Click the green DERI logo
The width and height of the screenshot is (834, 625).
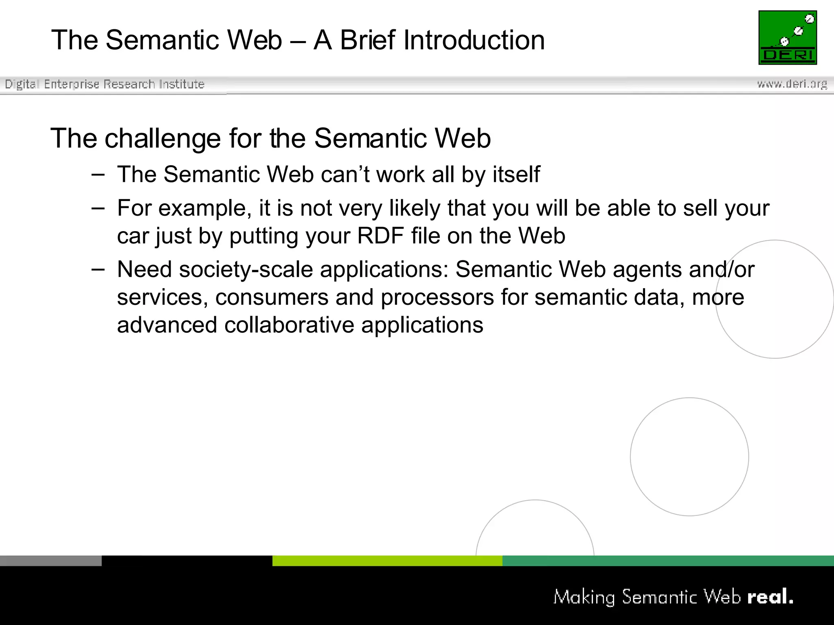point(787,37)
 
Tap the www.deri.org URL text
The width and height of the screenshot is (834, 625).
point(792,84)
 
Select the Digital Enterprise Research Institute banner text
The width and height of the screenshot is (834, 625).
point(104,84)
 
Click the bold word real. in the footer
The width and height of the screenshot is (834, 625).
point(770,597)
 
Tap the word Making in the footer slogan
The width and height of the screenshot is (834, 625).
point(584,597)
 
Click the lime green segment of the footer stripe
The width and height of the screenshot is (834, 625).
point(387,561)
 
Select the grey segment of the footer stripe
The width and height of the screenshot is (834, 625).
point(50,561)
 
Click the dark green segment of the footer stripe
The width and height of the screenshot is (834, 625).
point(668,561)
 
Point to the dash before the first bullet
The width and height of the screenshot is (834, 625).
point(98,175)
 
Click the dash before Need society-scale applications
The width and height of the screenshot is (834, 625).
point(98,269)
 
